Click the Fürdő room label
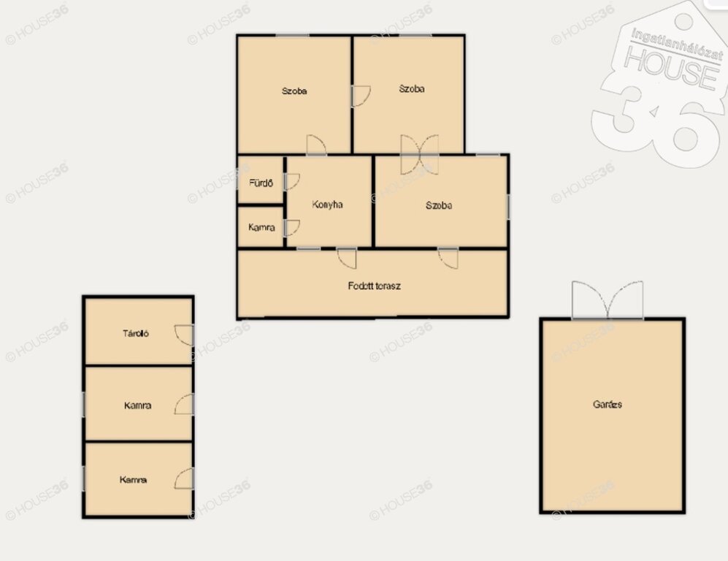pos(261,183)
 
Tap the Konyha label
pos(327,205)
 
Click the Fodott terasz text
pos(374,286)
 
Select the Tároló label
pos(136,333)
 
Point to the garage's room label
pos(608,404)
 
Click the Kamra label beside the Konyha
pos(261,227)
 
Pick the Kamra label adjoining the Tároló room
pos(137,405)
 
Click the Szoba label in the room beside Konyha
pos(439,205)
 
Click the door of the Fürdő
pos(292,182)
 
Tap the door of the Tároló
pos(184,335)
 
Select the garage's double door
pos(608,300)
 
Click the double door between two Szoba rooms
pos(420,155)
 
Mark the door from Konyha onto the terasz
pos(347,259)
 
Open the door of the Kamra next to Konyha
pos(292,228)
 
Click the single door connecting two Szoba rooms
pos(361,96)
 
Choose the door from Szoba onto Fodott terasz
pos(448,258)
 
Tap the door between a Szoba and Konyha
pos(316,145)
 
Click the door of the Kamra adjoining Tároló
pos(184,405)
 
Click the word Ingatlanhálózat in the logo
pos(677,45)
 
